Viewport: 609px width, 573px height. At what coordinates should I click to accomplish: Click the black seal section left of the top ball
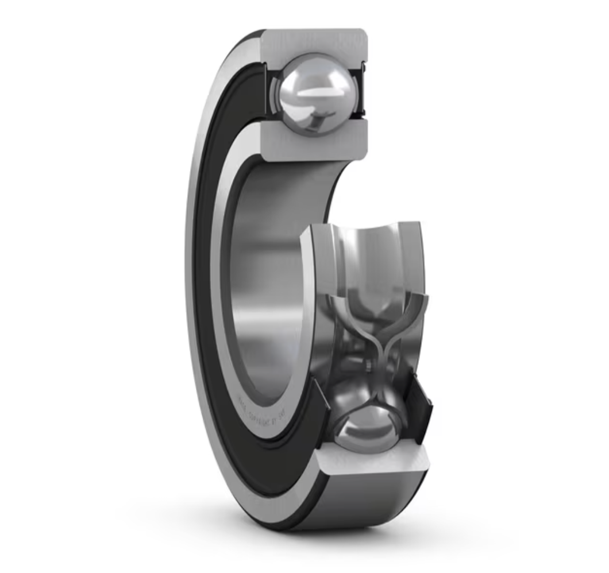coord(269,92)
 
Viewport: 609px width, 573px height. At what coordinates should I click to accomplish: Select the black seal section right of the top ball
coord(363,92)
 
